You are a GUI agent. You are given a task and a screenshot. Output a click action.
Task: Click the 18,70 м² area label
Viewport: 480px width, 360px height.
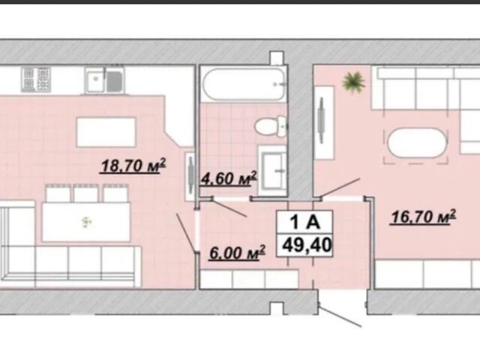(x=133, y=166)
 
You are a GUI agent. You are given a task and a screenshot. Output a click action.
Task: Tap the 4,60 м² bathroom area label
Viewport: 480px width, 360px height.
(x=228, y=178)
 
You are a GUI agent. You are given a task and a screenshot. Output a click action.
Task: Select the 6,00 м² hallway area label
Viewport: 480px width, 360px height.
(x=237, y=253)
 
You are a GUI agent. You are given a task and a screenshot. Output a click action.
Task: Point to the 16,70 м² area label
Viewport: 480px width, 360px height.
(x=423, y=217)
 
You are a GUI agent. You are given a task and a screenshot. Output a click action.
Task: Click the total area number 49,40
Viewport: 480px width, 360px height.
(x=307, y=245)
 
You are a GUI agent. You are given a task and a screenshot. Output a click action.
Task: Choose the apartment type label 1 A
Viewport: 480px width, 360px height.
(x=305, y=222)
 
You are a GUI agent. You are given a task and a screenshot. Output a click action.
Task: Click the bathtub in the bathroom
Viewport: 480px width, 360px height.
(x=244, y=84)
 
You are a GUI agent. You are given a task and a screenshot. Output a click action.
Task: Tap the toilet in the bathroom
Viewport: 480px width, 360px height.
(x=271, y=126)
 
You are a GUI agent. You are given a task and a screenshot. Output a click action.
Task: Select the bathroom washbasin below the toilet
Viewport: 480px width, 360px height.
(x=272, y=170)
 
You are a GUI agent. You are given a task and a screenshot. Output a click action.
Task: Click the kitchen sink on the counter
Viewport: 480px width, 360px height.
(x=105, y=80)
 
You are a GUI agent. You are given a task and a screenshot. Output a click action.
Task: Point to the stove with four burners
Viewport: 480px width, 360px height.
(x=36, y=79)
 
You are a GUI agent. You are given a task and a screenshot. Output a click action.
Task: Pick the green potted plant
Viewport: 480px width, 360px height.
(x=353, y=82)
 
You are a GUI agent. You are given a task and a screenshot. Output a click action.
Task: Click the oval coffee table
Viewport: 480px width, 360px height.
(x=417, y=143)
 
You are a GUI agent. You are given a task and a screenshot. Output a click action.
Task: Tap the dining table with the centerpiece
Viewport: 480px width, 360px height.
(x=86, y=222)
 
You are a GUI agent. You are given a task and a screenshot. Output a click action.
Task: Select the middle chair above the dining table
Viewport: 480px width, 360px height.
(x=86, y=193)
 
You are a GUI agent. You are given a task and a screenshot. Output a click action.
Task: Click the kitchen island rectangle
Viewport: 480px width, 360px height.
(x=106, y=132)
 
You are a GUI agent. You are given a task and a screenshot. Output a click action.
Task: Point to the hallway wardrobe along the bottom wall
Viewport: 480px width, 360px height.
(x=249, y=279)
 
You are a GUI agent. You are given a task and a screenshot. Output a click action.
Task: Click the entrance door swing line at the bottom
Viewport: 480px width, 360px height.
(x=340, y=315)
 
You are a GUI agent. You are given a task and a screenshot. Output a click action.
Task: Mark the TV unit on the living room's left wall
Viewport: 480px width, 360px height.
(x=324, y=122)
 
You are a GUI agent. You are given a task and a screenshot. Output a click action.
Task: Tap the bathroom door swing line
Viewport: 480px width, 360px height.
(x=229, y=208)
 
